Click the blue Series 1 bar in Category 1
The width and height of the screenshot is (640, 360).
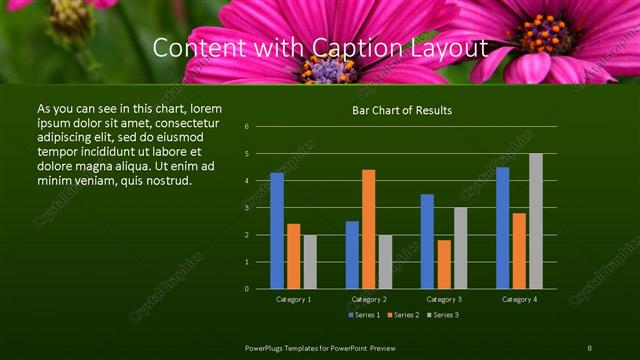pyautogui.click(x=277, y=231)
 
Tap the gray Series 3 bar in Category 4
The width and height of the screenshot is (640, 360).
pyautogui.click(x=536, y=221)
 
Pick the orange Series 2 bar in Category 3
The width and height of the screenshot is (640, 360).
pyautogui.click(x=444, y=264)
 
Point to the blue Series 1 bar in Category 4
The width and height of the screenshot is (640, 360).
pyautogui.click(x=502, y=228)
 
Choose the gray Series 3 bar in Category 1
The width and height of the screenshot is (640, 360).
pyautogui.click(x=310, y=262)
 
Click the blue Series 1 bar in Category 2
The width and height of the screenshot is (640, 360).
pyautogui.click(x=352, y=255)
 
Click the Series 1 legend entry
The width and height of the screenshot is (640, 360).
pyautogui.click(x=364, y=315)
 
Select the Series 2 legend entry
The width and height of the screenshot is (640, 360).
pyautogui.click(x=403, y=315)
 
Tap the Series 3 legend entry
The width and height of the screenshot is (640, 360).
pyautogui.click(x=443, y=315)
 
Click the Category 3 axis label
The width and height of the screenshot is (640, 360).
pyautogui.click(x=443, y=299)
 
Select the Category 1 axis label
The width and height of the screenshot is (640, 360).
pyautogui.click(x=293, y=299)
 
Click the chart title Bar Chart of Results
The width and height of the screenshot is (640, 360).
pyautogui.click(x=402, y=110)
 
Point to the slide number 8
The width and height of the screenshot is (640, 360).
pyautogui.click(x=589, y=347)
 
